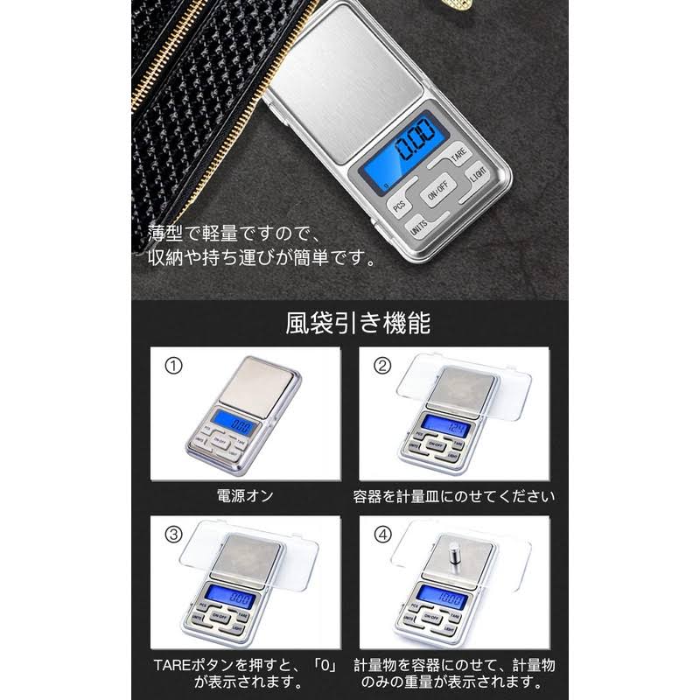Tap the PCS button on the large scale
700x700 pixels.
[398, 205]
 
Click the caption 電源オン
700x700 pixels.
[245, 496]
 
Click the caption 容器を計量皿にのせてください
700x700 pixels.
[453, 496]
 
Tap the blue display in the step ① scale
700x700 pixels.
[231, 424]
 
